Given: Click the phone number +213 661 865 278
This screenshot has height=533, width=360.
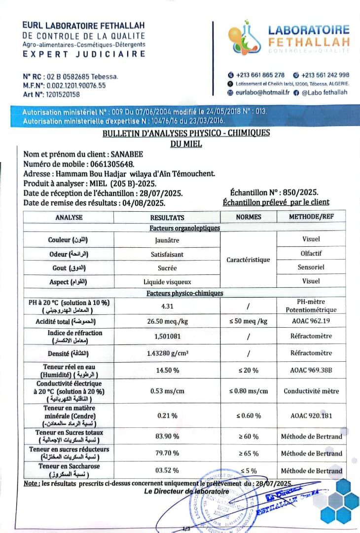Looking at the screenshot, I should pos(260,75).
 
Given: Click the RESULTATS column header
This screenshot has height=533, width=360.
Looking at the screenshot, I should pos(167,217).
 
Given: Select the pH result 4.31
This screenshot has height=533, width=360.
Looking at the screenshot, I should pos(167,306).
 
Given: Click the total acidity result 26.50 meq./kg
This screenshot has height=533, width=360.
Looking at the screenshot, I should pos(167,321).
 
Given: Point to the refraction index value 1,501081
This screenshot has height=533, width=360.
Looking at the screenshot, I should pos(167,337).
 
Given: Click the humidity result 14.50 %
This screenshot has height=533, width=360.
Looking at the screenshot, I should pos(167,370).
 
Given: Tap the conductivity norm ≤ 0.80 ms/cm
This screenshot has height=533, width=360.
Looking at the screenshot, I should pos(249,391).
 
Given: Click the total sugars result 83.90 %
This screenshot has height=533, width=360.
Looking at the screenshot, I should pos(167,436).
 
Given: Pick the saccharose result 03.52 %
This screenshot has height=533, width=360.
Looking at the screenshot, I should pos(167,470).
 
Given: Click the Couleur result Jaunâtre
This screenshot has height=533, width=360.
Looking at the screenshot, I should pos(167,240).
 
